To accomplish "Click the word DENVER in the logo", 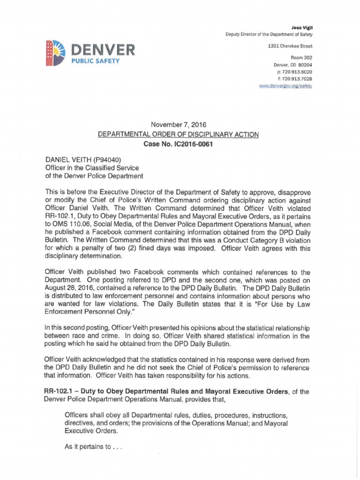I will [103, 49].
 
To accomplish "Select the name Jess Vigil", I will [304, 28].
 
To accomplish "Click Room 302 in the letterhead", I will [301, 58].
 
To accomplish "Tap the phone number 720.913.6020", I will [297, 72].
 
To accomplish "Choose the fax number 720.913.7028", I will [297, 79].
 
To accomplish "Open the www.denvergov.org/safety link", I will [286, 86].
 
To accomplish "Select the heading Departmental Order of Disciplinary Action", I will [178, 135].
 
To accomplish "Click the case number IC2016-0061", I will [192, 144].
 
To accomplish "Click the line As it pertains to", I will [93, 447].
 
